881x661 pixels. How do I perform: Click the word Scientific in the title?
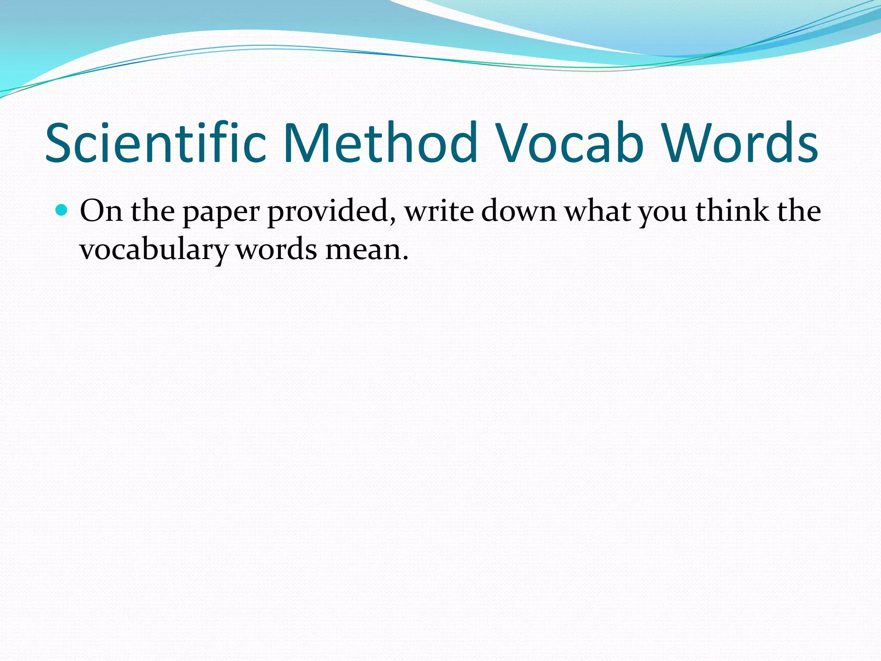tap(156, 143)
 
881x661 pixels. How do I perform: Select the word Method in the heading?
tap(380, 143)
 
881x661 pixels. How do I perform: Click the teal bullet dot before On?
tap(62, 210)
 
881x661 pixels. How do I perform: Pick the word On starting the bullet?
tap(101, 211)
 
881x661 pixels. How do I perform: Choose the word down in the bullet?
tap(519, 211)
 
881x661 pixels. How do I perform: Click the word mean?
tap(363, 250)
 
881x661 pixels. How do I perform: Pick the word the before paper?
tap(153, 211)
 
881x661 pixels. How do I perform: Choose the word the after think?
tap(799, 211)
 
